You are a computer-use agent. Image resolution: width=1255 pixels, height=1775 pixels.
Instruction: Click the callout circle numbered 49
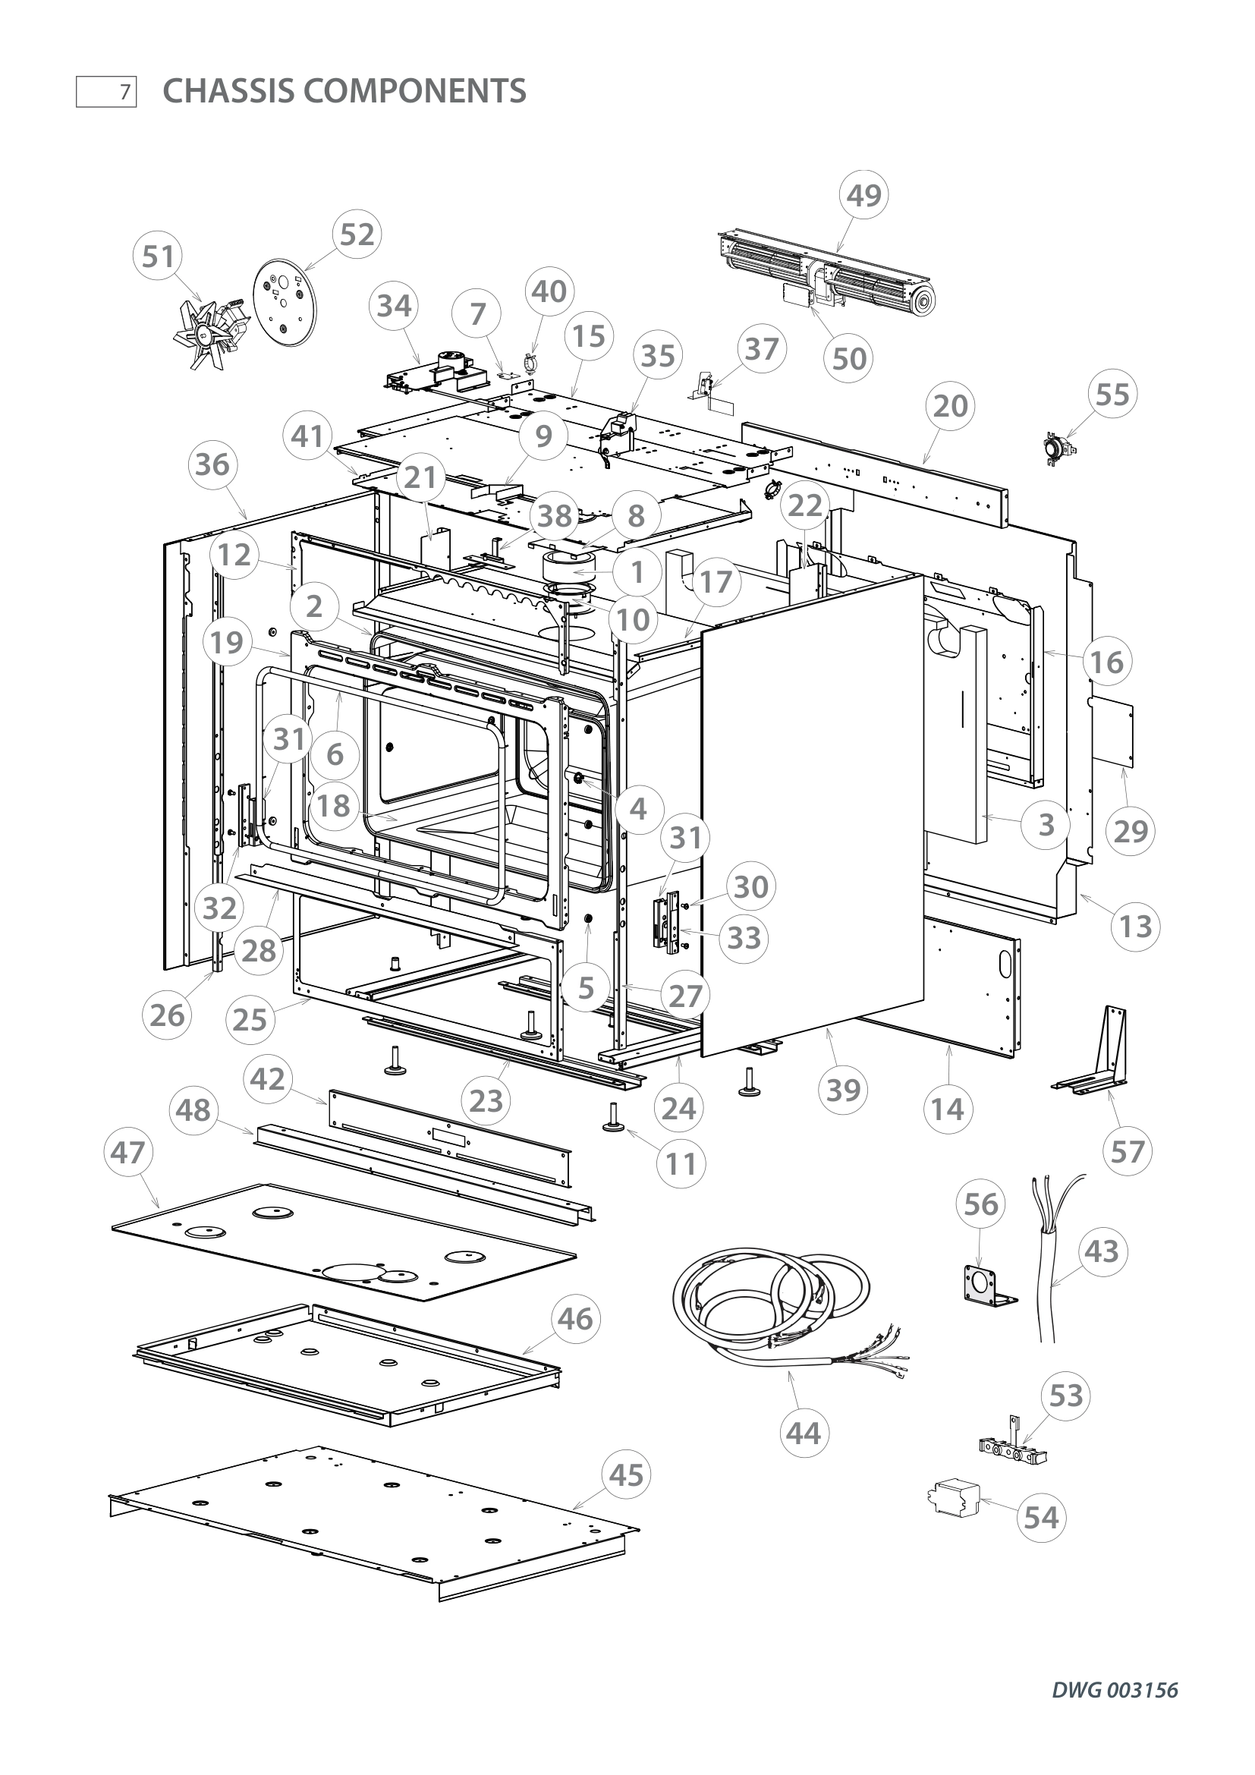(863, 196)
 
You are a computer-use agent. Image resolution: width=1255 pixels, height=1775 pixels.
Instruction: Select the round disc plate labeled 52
(285, 307)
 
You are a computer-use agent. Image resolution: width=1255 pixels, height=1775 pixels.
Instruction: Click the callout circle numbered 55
(1113, 395)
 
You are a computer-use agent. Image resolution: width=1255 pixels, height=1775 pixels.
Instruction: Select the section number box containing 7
(106, 92)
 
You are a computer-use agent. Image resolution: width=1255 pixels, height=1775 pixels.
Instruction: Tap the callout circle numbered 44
(803, 1434)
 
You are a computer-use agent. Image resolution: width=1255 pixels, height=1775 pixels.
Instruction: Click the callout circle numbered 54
(1041, 1517)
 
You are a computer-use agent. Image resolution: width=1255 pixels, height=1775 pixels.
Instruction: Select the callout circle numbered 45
(626, 1475)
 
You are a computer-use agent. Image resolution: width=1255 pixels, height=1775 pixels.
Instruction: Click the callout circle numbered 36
(212, 464)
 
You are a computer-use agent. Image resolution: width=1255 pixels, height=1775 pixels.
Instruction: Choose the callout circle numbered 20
(951, 405)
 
